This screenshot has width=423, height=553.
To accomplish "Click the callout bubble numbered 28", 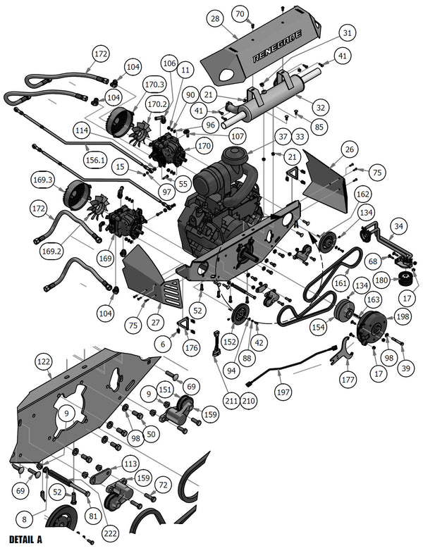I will tap(215, 18).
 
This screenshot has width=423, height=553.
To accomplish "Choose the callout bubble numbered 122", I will tap(44, 361).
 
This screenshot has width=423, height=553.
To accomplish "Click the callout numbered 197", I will tap(283, 391).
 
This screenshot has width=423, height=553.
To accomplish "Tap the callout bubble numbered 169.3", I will tap(43, 181).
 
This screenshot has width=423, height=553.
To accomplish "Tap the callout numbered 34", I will tap(399, 226).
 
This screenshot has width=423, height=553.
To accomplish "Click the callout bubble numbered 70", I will tap(240, 14).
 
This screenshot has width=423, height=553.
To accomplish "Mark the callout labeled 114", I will tap(81, 130).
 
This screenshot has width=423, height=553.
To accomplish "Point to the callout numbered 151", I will tap(165, 389).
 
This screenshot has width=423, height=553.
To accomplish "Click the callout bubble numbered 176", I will tap(191, 347).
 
